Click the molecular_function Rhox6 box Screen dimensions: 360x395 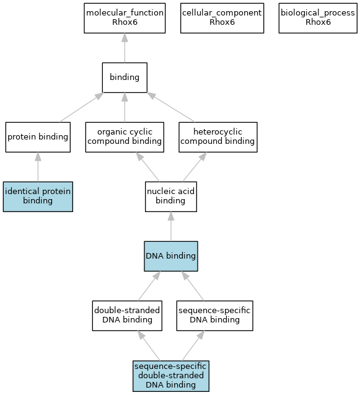coord(125,18)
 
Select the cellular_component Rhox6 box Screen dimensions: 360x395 coord(222,18)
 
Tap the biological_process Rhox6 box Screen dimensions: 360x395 coord(318,18)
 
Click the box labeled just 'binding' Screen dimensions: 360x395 coord(125,78)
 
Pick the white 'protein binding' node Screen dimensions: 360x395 coord(38,137)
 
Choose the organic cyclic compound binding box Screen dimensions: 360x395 coord(125,137)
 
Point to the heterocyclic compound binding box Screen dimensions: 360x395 coord(218,137)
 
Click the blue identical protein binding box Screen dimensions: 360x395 coord(38,197)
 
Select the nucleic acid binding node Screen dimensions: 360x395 coord(171,197)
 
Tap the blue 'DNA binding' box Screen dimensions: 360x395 coord(171,256)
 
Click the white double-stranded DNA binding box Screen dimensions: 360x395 coord(127,316)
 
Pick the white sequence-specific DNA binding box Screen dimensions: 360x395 coord(215,316)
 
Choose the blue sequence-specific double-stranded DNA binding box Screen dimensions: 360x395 coord(171,376)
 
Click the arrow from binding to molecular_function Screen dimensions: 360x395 coord(125,48)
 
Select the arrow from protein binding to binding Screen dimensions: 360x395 coord(82,107)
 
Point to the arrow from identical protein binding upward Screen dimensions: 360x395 coord(38,167)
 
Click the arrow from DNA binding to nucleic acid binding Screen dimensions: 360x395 coord(171,226)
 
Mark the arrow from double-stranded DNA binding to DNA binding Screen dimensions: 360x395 coord(149,286)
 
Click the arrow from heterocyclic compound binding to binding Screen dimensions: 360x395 coord(170,107)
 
